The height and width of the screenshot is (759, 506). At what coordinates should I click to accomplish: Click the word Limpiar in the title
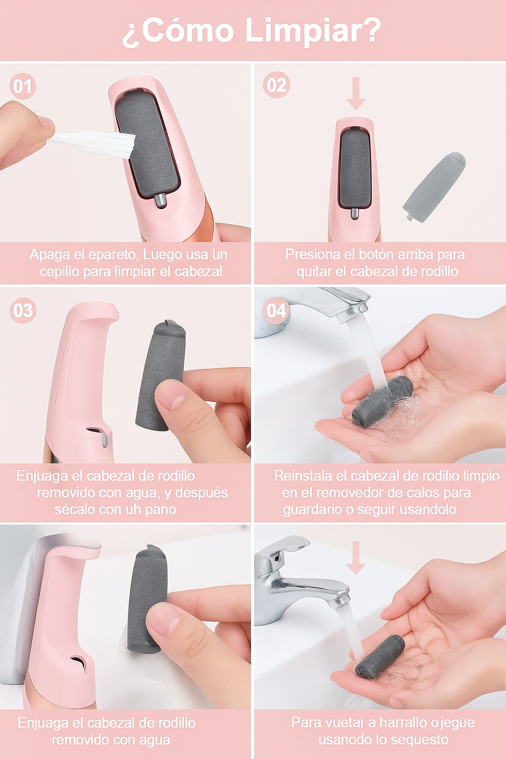tap(313, 31)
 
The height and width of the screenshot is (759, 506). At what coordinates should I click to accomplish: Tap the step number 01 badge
tap(23, 86)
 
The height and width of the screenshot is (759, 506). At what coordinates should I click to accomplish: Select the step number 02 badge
tap(277, 84)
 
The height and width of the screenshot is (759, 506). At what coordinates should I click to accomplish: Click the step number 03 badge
tap(23, 310)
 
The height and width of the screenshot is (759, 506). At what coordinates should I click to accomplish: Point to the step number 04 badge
tap(276, 310)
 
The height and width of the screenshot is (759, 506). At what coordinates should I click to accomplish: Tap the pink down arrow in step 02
tap(355, 93)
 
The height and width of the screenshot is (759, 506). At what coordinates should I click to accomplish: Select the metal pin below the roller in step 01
tap(160, 201)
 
